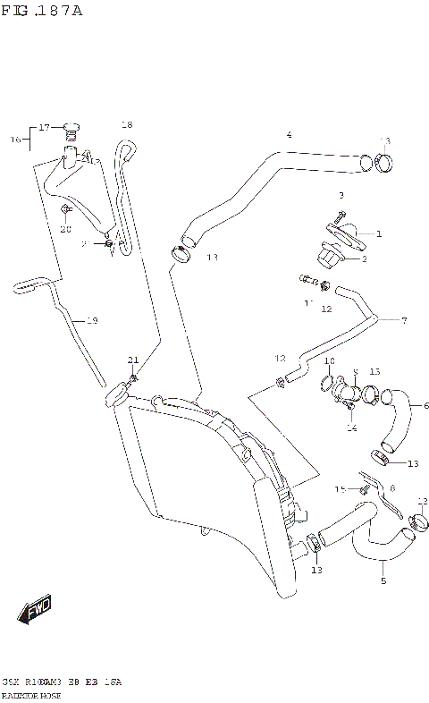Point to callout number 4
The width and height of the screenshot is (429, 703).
[x=289, y=135]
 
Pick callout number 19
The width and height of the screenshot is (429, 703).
[x=91, y=319]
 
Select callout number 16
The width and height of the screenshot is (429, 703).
[x=15, y=140]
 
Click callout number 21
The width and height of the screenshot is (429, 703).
[x=133, y=360]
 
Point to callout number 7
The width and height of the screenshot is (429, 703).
[x=403, y=320]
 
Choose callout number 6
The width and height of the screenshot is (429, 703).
[x=412, y=404]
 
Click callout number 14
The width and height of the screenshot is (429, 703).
[x=351, y=428]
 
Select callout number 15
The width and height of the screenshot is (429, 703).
[x=340, y=488]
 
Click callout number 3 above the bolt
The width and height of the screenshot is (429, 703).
[x=341, y=194]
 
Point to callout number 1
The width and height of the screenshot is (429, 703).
[x=378, y=234]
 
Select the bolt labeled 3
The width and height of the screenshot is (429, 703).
[x=341, y=215]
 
